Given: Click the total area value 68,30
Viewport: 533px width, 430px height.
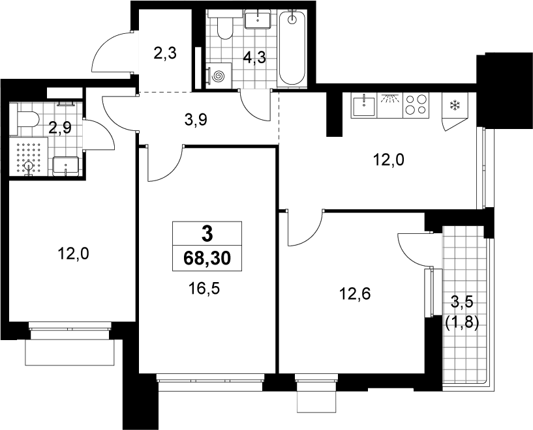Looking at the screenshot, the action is click(207, 259).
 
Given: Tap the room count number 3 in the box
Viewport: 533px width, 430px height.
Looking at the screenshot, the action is click(207, 234).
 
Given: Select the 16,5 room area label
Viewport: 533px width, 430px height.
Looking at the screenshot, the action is click(204, 289).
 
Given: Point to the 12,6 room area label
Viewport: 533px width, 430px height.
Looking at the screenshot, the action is click(355, 293).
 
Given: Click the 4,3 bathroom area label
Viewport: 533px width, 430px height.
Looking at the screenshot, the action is click(254, 58).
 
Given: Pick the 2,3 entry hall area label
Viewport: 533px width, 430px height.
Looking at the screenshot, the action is click(165, 53).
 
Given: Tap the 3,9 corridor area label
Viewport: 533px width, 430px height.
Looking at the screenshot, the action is click(196, 119).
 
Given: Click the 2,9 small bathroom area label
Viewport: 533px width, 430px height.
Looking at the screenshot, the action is click(60, 128).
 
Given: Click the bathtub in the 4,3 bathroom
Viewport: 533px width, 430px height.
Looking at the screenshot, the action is click(292, 47).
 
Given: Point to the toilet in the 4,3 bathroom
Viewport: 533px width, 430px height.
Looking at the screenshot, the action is click(224, 25).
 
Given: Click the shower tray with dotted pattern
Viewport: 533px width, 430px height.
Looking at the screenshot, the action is click(29, 156).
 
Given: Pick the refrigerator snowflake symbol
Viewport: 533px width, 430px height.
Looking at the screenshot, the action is click(455, 105).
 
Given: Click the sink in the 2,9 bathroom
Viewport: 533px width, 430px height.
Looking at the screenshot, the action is click(66, 166).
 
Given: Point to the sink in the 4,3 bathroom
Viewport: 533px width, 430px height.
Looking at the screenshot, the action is click(258, 20).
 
